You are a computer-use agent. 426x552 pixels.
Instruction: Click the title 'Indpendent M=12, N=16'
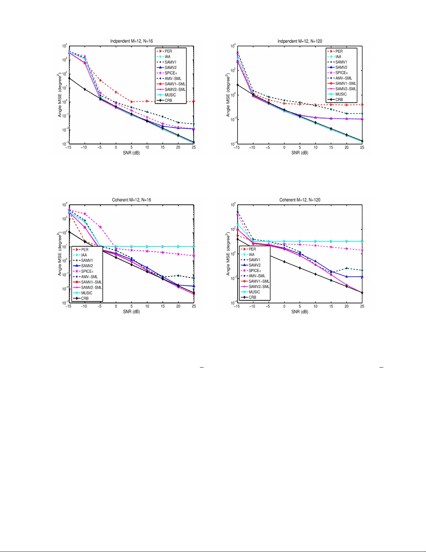pos(131,41)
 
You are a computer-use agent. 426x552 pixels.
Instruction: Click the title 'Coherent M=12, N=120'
pos(300,200)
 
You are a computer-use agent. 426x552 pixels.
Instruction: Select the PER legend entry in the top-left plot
pos(168,51)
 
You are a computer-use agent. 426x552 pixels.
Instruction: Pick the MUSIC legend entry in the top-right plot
pos(341,94)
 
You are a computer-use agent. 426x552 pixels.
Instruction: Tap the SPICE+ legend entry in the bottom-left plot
pos(87,271)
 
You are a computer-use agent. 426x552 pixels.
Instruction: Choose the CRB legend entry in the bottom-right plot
pos(252,297)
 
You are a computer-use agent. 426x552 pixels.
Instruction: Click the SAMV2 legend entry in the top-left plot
pos(170,68)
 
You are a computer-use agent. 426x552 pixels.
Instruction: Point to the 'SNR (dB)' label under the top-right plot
pos(300,153)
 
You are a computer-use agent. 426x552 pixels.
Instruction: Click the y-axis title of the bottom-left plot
pos(60,254)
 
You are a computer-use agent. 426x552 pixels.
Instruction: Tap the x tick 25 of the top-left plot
pos(194,147)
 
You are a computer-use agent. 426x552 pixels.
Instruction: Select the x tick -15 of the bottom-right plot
pos(237,306)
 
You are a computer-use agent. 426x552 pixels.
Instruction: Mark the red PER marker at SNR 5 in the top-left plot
pos(131,102)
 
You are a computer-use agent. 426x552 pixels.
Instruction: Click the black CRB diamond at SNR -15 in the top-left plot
pos(69,78)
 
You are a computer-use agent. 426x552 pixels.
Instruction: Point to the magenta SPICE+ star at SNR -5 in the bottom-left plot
pos(101,227)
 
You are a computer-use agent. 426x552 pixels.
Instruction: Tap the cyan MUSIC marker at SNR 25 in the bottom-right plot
pos(362,241)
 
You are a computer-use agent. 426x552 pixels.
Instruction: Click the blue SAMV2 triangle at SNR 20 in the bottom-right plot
pos(347,277)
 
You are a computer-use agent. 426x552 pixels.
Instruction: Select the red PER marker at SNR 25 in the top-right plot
pos(362,104)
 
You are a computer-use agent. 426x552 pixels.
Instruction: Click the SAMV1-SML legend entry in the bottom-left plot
pos(91,282)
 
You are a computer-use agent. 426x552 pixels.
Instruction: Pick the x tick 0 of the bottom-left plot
pos(116,306)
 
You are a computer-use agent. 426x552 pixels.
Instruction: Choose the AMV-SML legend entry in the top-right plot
pos(344,78)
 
